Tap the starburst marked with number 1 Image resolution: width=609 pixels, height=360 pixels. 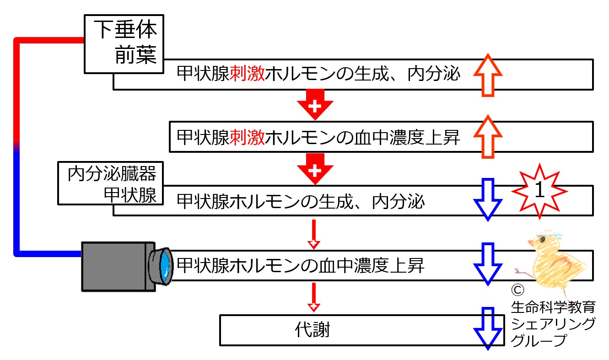tap(539, 191)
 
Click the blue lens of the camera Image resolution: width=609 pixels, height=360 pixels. tap(165, 266)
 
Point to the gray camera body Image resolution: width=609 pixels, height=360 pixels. tap(119, 267)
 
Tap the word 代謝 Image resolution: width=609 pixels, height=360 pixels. tap(313, 329)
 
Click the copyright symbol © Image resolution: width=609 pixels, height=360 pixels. tap(517, 290)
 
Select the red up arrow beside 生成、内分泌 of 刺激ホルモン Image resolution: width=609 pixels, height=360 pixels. tap(488, 75)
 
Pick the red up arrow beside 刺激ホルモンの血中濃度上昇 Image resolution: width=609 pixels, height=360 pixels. tap(488, 137)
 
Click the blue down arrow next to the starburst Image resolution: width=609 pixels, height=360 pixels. tap(488, 200)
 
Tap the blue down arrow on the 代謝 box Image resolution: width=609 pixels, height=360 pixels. tap(488, 329)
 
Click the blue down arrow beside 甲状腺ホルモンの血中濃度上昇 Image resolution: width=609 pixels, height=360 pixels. tap(488, 264)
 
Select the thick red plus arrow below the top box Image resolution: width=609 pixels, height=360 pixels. tap(315, 104)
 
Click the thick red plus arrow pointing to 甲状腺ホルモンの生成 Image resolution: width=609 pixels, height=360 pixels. tap(315, 169)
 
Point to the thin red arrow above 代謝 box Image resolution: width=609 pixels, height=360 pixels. tap(314, 298)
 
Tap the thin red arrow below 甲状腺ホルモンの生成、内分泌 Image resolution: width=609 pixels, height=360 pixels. tap(314, 234)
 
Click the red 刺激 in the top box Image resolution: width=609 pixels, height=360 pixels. tap(247, 74)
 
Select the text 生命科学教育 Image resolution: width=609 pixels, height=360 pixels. tap(553, 307)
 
